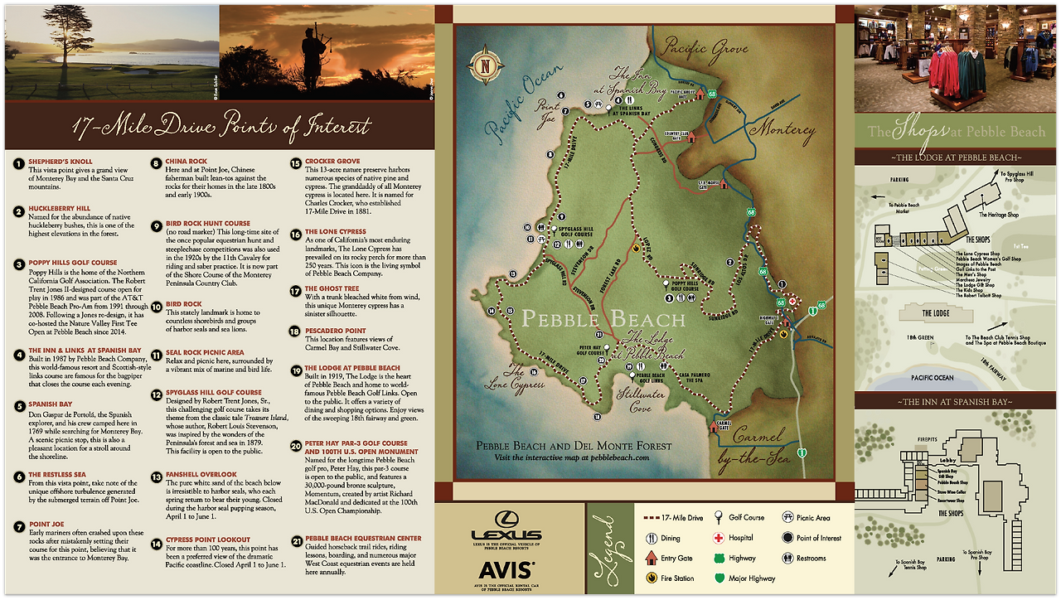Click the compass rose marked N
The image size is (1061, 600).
(x=481, y=66)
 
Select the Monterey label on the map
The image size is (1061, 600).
(x=782, y=130)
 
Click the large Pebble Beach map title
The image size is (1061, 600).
(x=605, y=319)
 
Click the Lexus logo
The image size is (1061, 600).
(x=506, y=535)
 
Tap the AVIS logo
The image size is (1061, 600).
(x=506, y=569)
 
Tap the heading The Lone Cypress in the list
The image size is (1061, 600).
(x=336, y=232)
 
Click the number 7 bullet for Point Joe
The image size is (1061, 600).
(x=17, y=525)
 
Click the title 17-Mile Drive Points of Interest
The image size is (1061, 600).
(x=221, y=127)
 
